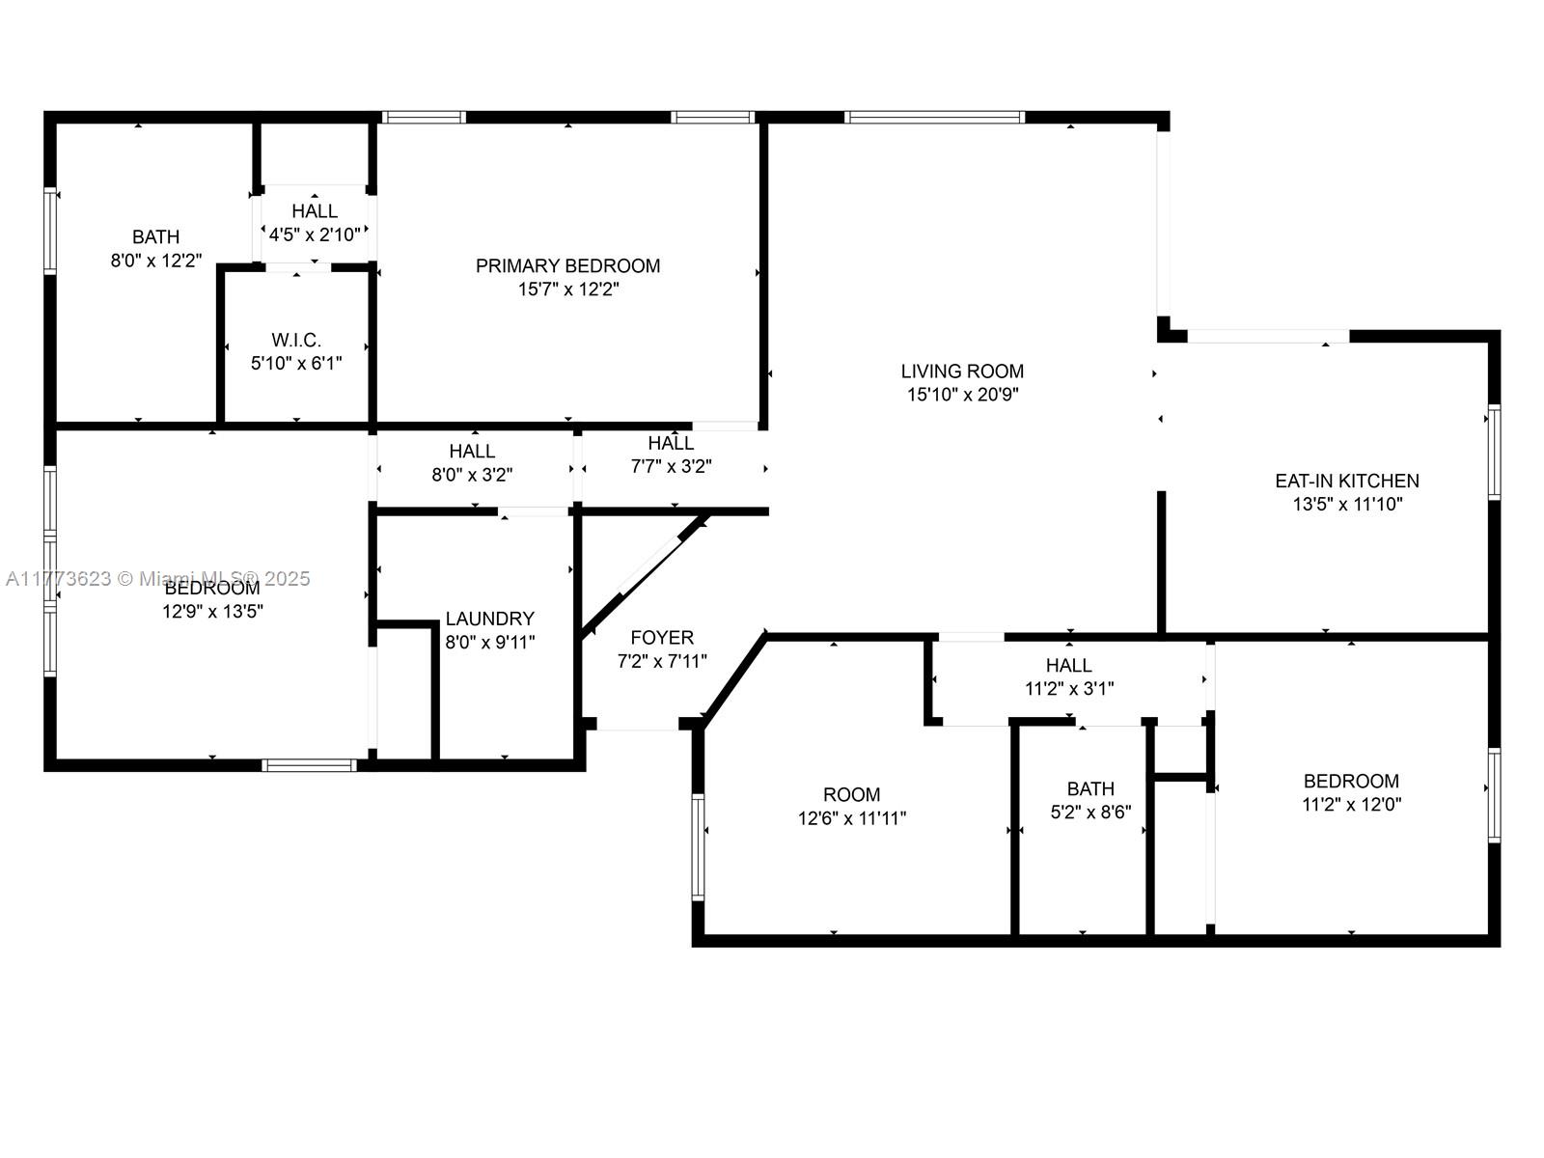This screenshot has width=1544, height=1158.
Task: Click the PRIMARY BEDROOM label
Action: (x=567, y=265)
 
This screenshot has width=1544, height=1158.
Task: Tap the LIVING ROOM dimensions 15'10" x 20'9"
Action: (x=962, y=395)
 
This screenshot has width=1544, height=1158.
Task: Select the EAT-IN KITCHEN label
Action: (x=1347, y=481)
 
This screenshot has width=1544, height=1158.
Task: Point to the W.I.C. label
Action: (x=296, y=341)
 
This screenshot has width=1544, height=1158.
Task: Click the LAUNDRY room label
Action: (x=489, y=619)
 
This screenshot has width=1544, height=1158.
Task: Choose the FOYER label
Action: (x=662, y=638)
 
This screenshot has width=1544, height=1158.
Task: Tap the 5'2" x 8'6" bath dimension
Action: (x=1090, y=813)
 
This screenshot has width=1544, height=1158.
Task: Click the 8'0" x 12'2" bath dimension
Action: (x=156, y=261)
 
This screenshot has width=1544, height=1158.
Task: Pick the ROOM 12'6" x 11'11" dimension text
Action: (x=852, y=818)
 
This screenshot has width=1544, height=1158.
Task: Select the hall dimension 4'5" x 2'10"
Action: (x=315, y=234)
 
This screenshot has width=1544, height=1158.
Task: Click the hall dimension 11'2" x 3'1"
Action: (x=1069, y=688)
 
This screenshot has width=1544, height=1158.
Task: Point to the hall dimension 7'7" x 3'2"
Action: (x=671, y=466)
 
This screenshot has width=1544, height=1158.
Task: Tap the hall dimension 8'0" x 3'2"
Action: (x=472, y=475)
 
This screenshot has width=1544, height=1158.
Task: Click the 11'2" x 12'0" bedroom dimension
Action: (x=1351, y=805)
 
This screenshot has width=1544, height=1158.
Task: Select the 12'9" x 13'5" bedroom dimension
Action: (x=212, y=611)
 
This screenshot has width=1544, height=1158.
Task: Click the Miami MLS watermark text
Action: (x=157, y=579)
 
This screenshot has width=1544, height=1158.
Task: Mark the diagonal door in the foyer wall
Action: (x=650, y=565)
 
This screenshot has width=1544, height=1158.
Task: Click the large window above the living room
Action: (x=934, y=118)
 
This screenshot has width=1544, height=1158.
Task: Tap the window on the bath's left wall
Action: (x=50, y=231)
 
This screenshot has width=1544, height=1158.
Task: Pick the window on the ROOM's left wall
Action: (x=698, y=847)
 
